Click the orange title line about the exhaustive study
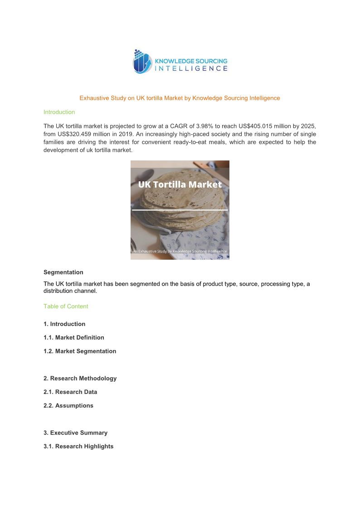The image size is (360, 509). point(180,98)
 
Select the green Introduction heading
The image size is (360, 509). point(59,112)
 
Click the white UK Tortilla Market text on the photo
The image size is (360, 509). point(180,184)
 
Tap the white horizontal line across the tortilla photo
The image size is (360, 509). point(180,210)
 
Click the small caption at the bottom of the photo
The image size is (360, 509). point(180,251)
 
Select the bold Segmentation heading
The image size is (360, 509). point(63,272)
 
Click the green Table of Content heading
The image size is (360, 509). point(66,306)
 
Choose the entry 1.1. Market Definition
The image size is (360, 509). point(73,338)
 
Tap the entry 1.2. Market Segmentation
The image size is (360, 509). point(80,351)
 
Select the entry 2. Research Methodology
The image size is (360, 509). point(80,378)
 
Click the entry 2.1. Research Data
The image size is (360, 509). point(70,392)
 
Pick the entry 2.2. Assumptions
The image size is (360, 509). point(68,406)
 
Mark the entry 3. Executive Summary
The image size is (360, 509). point(75,433)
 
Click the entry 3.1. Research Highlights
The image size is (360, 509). point(78,446)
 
